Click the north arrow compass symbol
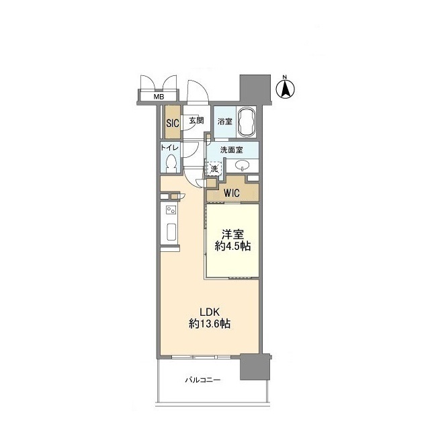(x=285, y=87)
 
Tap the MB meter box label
(x=159, y=97)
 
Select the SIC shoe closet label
(x=173, y=123)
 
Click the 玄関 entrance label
(x=196, y=120)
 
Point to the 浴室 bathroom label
(x=225, y=121)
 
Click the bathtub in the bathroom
(x=247, y=122)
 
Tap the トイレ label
(x=169, y=148)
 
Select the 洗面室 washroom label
(x=231, y=150)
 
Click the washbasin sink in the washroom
(x=243, y=165)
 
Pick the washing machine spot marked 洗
(x=214, y=169)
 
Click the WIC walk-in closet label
(x=232, y=193)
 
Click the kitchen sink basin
(x=172, y=232)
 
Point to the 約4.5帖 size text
(x=232, y=247)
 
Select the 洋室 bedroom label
(x=232, y=234)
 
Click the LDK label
(x=210, y=312)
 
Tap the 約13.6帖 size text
(x=210, y=324)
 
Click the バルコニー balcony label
(x=203, y=380)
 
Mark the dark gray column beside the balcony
(x=255, y=367)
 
